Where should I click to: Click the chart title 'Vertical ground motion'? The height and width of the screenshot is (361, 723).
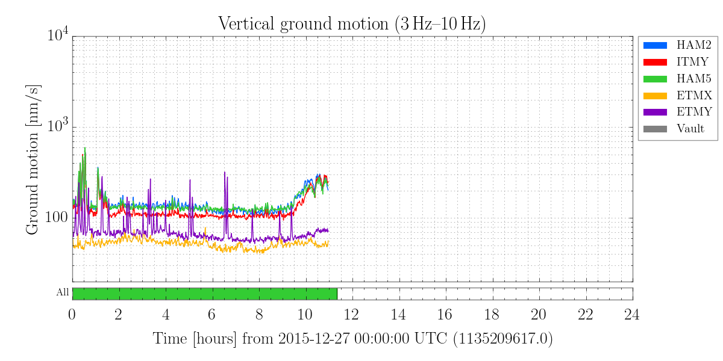pos(352,24)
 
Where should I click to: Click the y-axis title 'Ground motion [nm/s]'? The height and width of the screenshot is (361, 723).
pos(34,159)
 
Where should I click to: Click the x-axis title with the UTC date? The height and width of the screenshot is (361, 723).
pos(352,339)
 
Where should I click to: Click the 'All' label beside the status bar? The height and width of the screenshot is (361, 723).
pos(63,293)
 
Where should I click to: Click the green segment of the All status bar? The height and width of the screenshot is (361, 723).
pos(204,294)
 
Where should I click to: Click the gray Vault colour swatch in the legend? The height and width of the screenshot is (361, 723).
pos(656,129)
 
